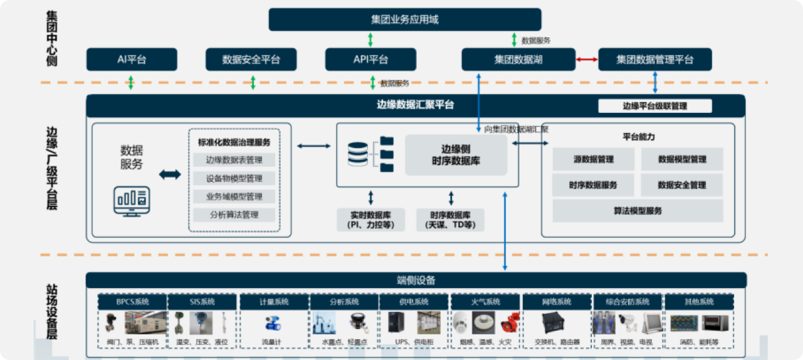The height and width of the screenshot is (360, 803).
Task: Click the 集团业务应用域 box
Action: (405, 20)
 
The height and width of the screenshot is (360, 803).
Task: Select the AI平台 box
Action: (132, 60)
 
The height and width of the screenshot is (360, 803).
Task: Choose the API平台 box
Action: (370, 60)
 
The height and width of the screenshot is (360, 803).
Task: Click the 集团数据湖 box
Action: (519, 60)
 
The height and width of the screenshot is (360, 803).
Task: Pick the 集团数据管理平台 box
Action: (655, 60)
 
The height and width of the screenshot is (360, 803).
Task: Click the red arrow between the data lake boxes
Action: (587, 60)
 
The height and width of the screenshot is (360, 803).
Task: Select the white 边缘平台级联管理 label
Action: (655, 106)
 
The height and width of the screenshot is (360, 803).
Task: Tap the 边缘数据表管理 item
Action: (234, 160)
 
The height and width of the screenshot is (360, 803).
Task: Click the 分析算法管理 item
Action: (234, 215)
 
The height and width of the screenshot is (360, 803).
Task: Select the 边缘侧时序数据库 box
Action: (456, 154)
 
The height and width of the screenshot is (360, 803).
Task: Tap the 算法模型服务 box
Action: (637, 211)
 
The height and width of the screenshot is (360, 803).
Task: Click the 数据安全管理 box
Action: (682, 185)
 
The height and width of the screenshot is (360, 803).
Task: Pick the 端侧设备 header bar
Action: (416, 280)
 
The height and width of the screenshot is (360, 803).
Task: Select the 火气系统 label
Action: (485, 302)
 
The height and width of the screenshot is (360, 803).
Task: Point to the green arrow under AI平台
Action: (131, 82)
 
